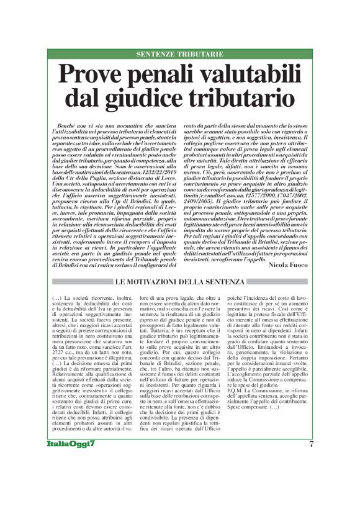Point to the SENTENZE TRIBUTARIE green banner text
(x=180, y=55)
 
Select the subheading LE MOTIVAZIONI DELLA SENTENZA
(x=179, y=282)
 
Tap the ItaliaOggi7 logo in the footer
(x=71, y=477)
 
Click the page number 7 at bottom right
(x=311, y=477)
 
